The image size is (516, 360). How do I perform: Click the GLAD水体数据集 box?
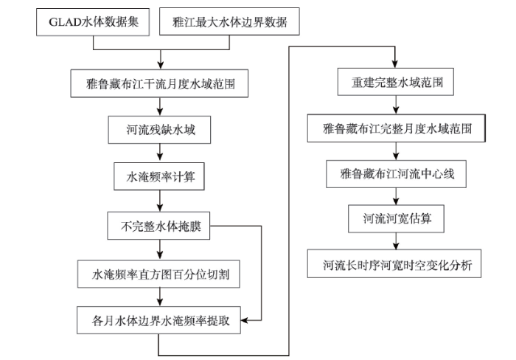tap(93, 22)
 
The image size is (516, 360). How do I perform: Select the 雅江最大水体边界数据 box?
tap(229, 21)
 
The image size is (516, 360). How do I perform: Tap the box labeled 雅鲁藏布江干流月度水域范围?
tap(159, 83)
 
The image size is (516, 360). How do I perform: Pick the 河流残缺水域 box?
tap(159, 130)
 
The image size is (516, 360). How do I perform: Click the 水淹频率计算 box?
tap(159, 176)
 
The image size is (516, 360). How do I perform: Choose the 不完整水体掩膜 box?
tap(158, 226)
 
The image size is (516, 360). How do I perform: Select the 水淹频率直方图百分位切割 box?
tap(158, 274)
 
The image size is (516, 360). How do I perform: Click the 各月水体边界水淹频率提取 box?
tap(159, 320)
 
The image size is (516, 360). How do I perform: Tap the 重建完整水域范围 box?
tap(396, 82)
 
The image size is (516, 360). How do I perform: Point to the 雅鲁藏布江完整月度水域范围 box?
tap(397, 128)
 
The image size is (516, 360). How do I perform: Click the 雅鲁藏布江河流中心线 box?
tap(397, 174)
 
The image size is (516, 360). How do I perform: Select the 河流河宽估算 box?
tap(397, 218)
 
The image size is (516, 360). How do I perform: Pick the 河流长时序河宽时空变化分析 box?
tap(394, 263)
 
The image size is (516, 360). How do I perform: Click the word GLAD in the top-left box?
tap(65, 22)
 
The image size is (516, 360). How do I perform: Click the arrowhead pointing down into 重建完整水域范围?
tap(395, 64)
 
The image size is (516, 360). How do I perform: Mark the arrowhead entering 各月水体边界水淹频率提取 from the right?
tap(245, 320)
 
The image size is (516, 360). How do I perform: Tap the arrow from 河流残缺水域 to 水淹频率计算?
tap(160, 153)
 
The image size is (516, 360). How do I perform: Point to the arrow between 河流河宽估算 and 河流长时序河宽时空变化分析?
tap(397, 240)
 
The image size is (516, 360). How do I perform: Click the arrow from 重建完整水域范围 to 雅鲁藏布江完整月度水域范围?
tap(397, 105)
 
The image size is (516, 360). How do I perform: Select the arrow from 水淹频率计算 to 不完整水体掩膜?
tap(160, 201)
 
